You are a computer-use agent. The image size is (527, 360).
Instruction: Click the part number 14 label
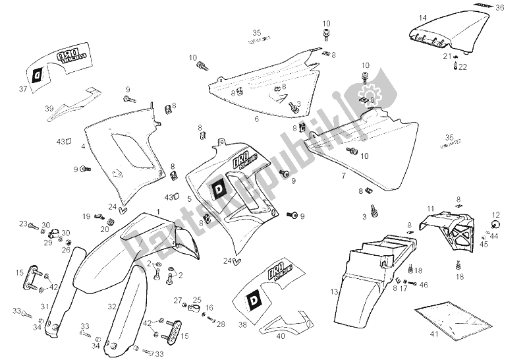click(423, 17)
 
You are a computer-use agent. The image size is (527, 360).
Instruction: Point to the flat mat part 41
click(454, 315)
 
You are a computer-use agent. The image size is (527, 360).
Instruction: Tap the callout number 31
click(45, 306)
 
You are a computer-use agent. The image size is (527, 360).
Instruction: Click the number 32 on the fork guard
click(113, 306)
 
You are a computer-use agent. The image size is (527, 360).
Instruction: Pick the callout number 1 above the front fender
click(158, 211)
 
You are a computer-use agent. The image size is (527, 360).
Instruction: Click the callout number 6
click(256, 120)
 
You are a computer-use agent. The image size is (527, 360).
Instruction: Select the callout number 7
click(343, 177)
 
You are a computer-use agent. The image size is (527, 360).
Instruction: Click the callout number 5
click(189, 198)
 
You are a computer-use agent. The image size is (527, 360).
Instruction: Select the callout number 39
click(48, 109)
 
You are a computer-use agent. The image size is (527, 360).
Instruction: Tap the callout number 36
click(500, 8)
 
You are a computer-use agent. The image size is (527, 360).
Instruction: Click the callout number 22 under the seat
click(462, 67)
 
